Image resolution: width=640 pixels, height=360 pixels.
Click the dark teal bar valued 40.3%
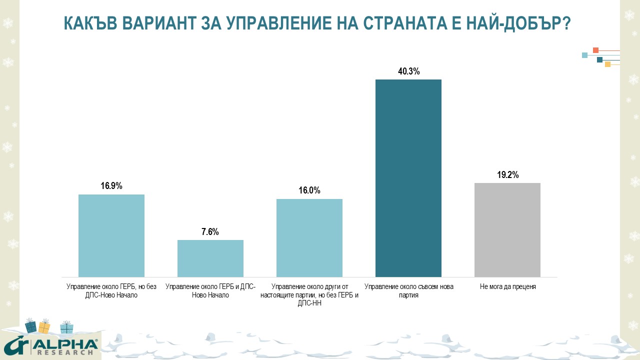click(x=408, y=178)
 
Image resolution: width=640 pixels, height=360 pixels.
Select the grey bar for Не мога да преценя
click(x=507, y=230)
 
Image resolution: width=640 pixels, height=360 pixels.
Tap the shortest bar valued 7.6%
click(x=210, y=258)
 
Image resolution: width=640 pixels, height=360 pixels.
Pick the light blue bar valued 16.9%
click(x=111, y=235)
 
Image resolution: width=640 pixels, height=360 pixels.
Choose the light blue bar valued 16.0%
click(x=309, y=238)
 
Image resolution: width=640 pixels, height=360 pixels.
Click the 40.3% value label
click(x=408, y=71)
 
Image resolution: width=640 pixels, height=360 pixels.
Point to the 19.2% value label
click(x=507, y=175)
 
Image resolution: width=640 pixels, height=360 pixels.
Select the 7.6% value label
click(x=210, y=232)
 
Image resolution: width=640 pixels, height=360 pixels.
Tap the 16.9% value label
click(x=111, y=186)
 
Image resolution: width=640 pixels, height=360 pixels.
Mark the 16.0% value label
click(x=309, y=190)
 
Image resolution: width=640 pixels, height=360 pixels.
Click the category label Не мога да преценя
click(x=507, y=287)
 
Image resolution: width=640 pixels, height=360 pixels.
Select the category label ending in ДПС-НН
click(x=309, y=295)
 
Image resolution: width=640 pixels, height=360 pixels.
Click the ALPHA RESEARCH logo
click(x=50, y=346)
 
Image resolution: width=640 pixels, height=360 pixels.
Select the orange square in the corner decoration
click(x=595, y=50)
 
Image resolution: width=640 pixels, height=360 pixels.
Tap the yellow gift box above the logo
click(x=44, y=327)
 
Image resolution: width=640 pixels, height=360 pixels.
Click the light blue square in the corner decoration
click(x=584, y=55)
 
